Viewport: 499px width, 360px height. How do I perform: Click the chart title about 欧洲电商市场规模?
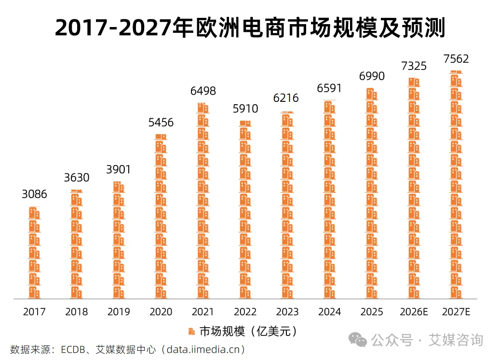pyautogui.click(x=250, y=28)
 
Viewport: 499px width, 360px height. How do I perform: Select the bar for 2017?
pyautogui.click(x=34, y=253)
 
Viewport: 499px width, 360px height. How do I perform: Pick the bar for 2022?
pyautogui.click(x=245, y=209)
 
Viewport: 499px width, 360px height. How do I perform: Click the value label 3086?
pyautogui.click(x=34, y=194)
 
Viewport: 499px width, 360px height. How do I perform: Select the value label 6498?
pyautogui.click(x=203, y=91)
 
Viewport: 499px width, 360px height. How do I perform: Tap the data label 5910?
pyautogui.click(x=245, y=109)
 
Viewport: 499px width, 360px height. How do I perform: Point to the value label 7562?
pyautogui.click(x=456, y=59)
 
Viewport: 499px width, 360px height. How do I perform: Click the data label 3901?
pyautogui.click(x=119, y=170)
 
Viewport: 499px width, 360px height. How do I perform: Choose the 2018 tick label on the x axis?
pyautogui.click(x=77, y=312)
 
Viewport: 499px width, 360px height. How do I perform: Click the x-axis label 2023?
pyautogui.click(x=287, y=312)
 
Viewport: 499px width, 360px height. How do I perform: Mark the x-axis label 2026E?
pyautogui.click(x=414, y=312)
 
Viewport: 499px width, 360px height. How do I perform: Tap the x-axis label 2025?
pyautogui.click(x=371, y=312)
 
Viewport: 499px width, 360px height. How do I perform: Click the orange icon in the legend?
pyautogui.click(x=191, y=331)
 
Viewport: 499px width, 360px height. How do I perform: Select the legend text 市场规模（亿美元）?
pyautogui.click(x=248, y=331)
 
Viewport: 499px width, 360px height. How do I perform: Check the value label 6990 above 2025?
pyautogui.click(x=371, y=76)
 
